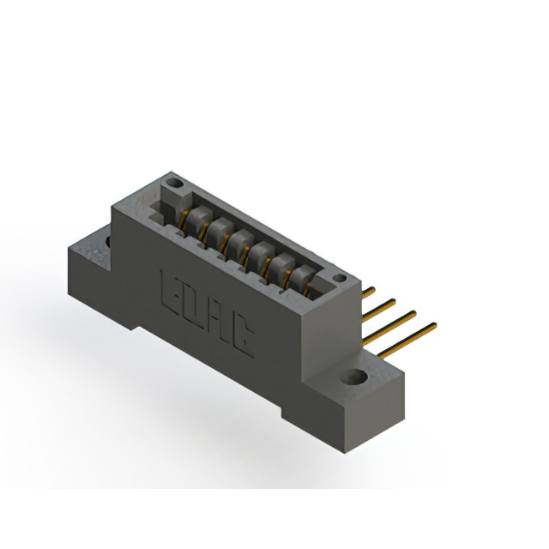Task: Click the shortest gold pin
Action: click(368, 293)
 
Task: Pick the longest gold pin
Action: click(407, 341)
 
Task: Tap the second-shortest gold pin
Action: click(379, 311)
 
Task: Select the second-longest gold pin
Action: click(389, 328)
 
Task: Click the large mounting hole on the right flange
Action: click(353, 377)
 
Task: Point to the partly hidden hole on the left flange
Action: click(108, 242)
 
